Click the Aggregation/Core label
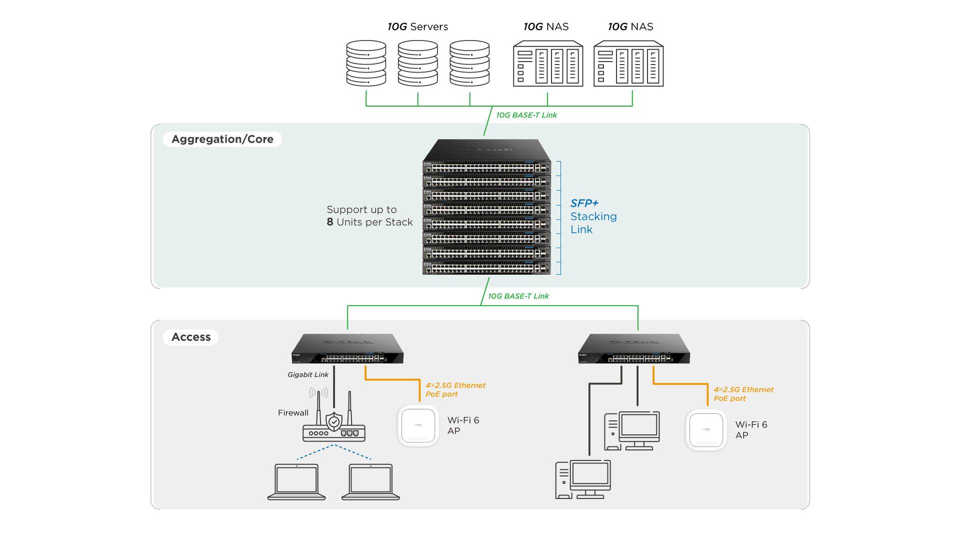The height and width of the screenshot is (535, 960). pos(222,139)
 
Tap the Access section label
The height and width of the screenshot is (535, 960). pos(191,337)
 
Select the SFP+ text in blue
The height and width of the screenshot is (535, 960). pos(584,203)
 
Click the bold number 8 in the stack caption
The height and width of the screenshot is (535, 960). pos(330,222)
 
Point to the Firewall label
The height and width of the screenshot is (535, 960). pos(293,413)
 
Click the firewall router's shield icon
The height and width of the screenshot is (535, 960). pos(334,421)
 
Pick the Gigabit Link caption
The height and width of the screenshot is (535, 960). pos(308,374)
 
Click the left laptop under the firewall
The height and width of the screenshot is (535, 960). pos(296,481)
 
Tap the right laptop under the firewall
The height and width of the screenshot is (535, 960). pos(370,481)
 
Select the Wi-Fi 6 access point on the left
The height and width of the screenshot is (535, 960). pos(418,426)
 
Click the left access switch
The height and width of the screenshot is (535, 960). pos(347,349)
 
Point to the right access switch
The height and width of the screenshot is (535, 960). pos(634,349)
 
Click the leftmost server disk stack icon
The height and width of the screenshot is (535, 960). pos(366,64)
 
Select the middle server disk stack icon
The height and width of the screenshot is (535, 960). pos(417,64)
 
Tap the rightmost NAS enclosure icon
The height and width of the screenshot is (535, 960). pos(628,64)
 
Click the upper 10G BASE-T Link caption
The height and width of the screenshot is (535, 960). pos(526,115)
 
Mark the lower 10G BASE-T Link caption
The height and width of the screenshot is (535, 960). pos(518,296)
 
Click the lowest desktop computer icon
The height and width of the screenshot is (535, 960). pos(583,479)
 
